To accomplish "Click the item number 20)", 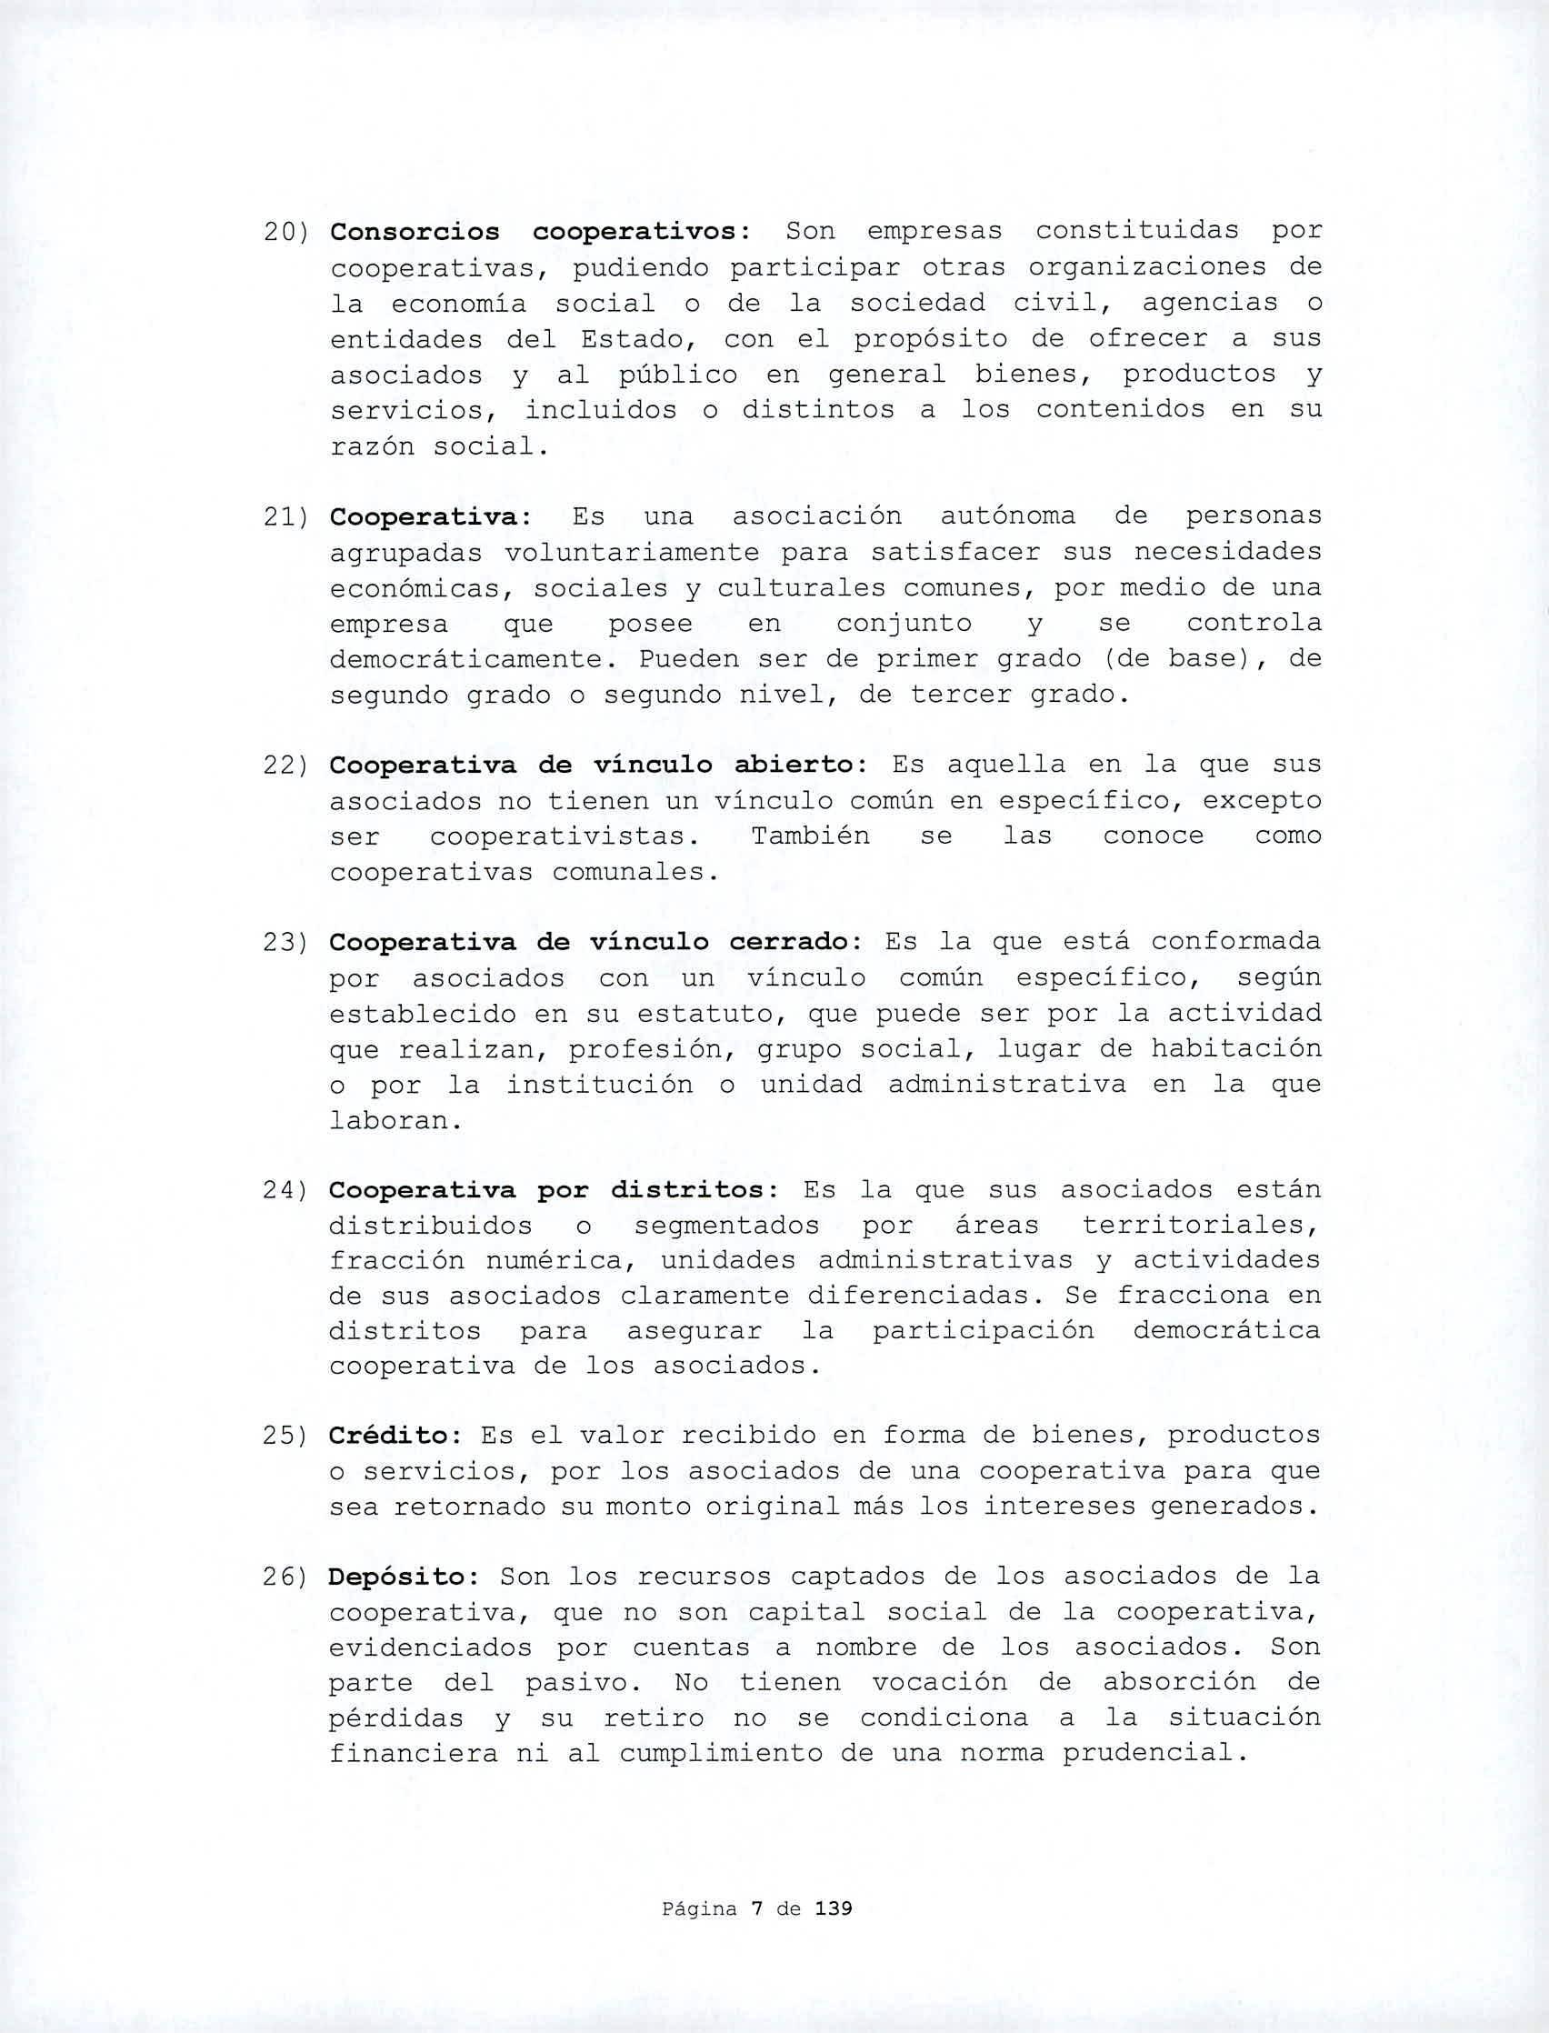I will [285, 232].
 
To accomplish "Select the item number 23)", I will [285, 943].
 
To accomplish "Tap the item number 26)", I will [285, 1577].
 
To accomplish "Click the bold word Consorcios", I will [415, 232].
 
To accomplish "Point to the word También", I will [811, 836].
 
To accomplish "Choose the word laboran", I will [395, 1121].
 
